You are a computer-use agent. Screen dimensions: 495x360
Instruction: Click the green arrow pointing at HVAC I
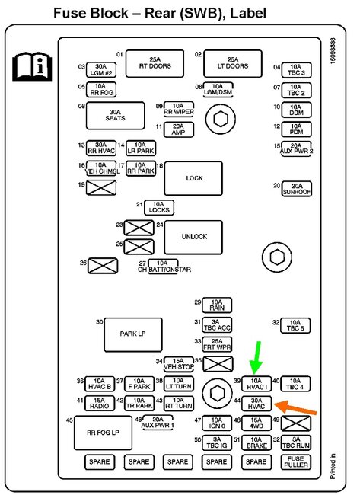click(x=256, y=356)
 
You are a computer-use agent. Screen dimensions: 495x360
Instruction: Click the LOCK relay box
click(x=194, y=178)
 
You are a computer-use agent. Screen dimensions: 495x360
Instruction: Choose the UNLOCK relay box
click(x=194, y=236)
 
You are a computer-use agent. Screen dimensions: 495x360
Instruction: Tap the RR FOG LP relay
click(x=102, y=432)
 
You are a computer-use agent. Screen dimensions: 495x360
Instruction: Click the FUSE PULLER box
click(x=296, y=462)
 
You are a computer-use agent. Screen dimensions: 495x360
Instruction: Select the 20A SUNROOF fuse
click(x=297, y=187)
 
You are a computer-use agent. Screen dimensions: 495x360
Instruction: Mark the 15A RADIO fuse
click(x=100, y=403)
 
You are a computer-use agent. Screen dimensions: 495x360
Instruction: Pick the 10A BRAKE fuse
click(x=256, y=442)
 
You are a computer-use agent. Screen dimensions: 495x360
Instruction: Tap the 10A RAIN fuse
click(x=218, y=305)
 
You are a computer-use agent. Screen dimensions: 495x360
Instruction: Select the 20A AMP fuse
click(x=178, y=129)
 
